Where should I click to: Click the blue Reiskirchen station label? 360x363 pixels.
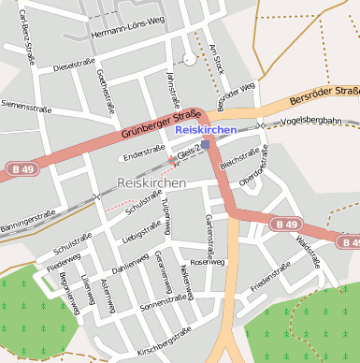click(205, 130)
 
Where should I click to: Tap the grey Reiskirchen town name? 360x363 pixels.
click(151, 181)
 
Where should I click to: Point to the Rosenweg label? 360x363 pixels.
click(208, 262)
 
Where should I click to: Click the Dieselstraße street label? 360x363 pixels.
click(76, 67)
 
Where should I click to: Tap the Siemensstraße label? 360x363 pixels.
click(26, 106)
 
